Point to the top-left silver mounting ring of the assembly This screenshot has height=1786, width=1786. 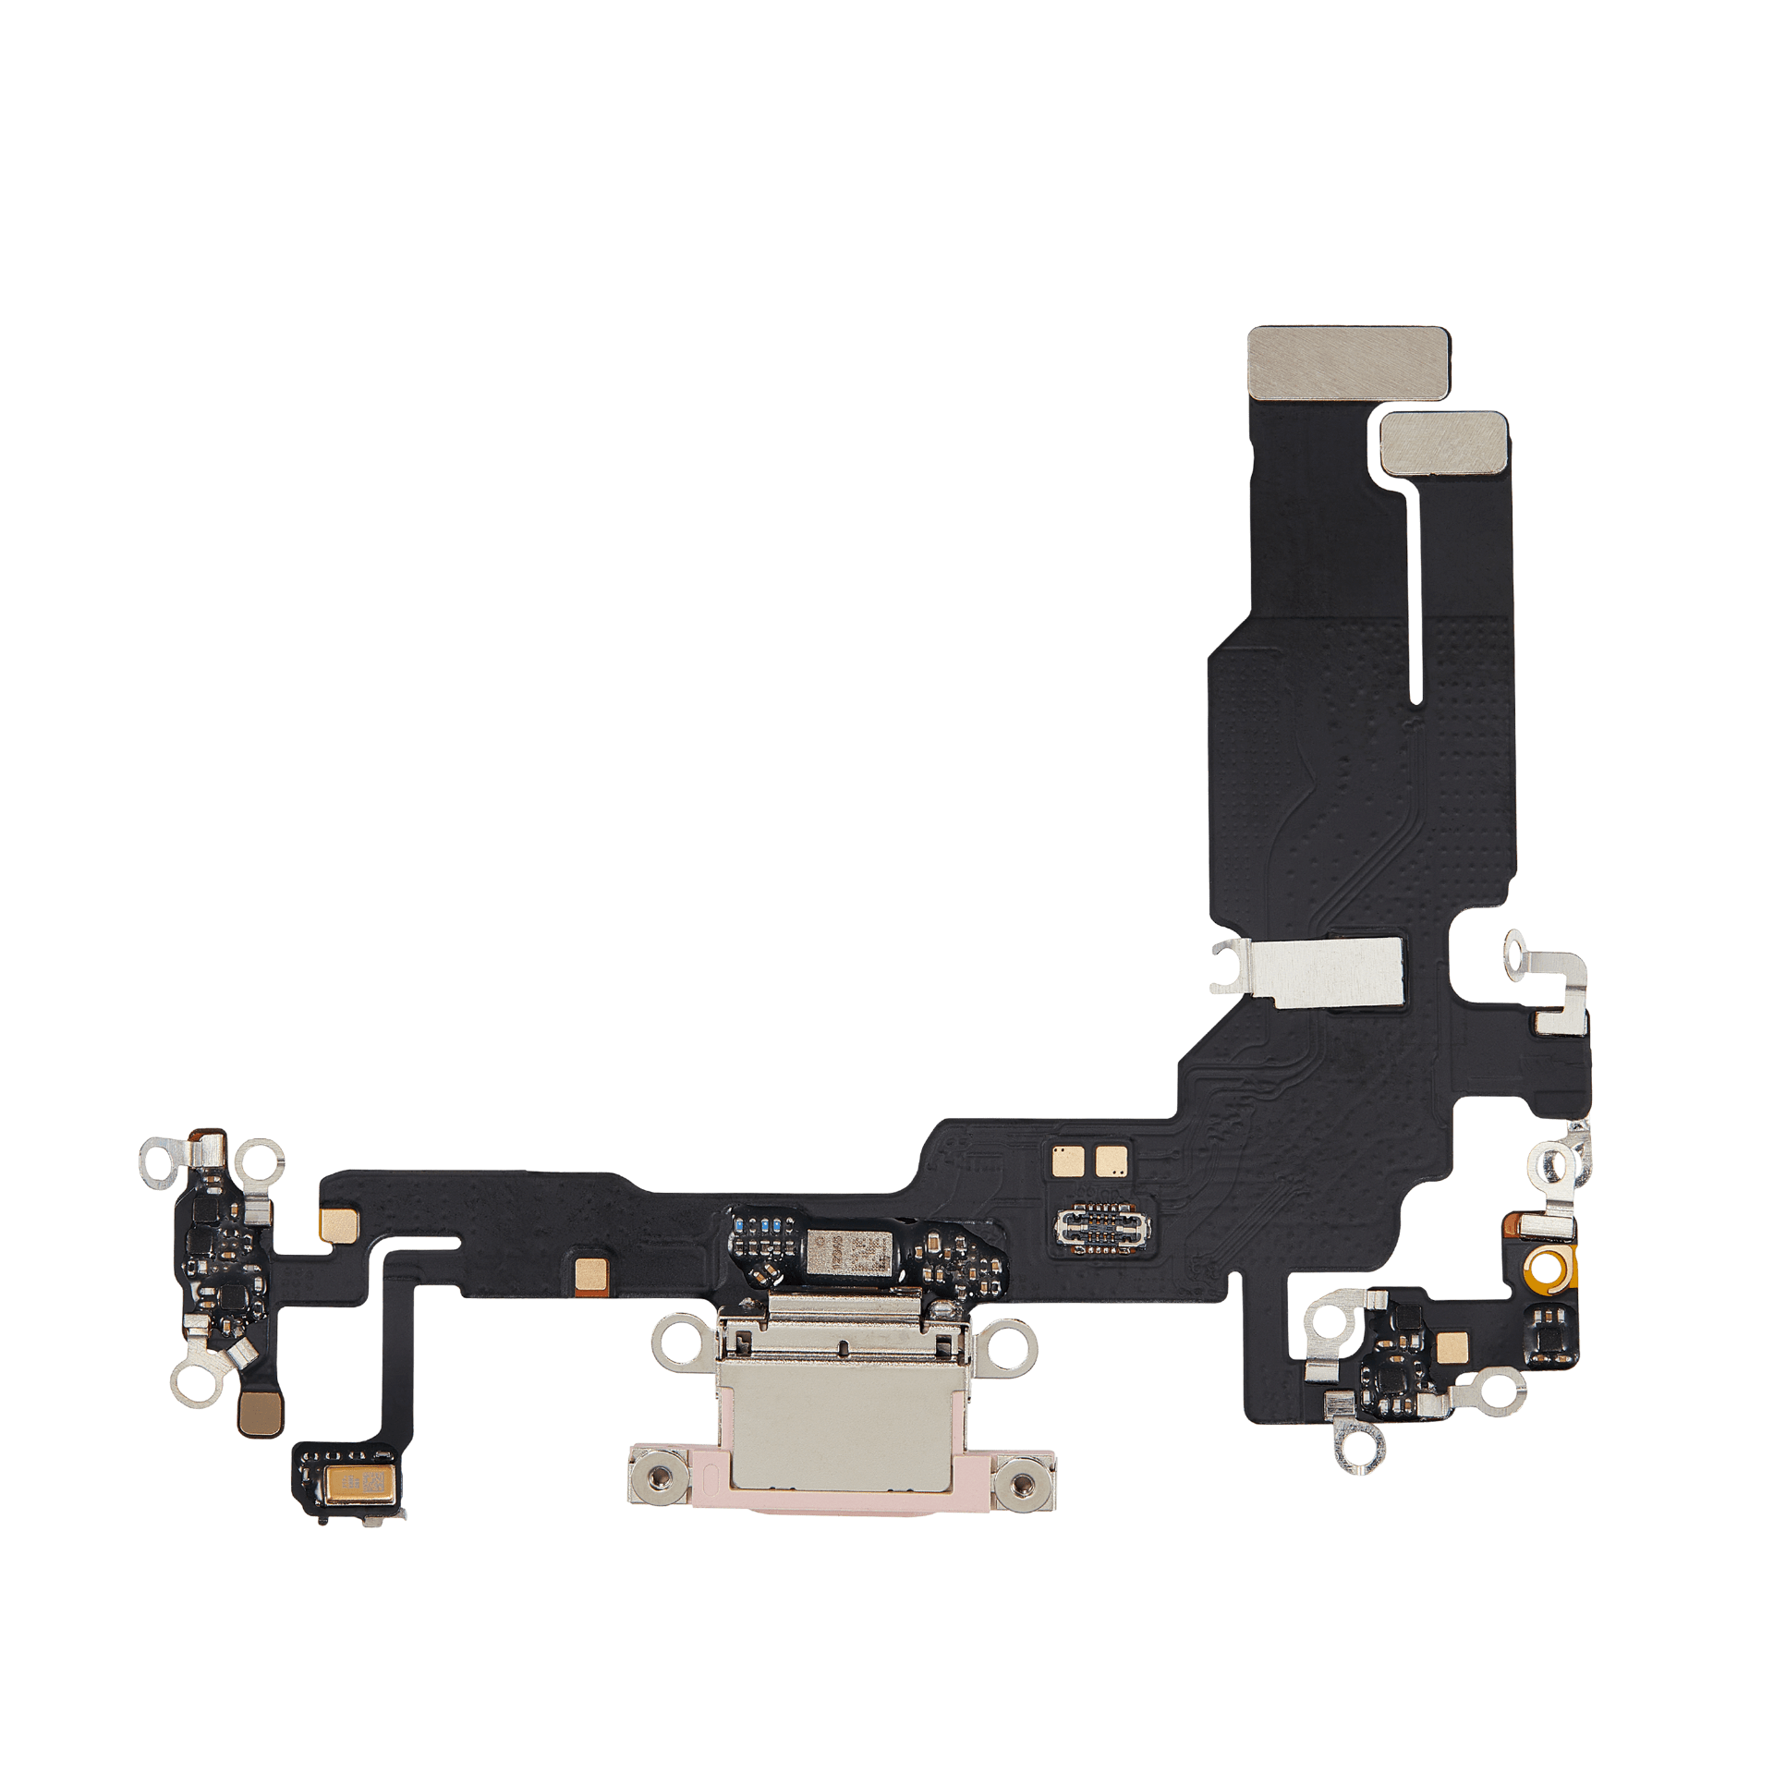[x=158, y=1161]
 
